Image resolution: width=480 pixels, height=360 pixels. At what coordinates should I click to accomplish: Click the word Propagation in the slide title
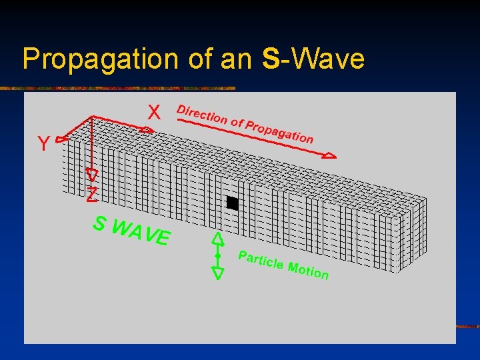pos(99,59)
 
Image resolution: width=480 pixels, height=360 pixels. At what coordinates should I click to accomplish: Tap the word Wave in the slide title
pos(327,59)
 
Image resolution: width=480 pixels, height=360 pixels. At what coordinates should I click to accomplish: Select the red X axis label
pos(154,113)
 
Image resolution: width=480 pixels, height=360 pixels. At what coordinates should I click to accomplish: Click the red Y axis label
pos(42,144)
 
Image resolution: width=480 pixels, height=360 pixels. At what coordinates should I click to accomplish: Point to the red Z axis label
pos(92,195)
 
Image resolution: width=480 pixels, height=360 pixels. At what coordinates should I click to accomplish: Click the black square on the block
pos(232,203)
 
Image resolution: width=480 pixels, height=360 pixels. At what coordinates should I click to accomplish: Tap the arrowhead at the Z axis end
pos(92,175)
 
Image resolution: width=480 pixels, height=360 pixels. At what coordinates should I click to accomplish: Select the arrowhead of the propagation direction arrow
pos(329,156)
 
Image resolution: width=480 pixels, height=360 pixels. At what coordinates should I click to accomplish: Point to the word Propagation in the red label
pos(279,132)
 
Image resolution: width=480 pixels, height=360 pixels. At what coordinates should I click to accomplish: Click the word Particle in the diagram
pos(260,261)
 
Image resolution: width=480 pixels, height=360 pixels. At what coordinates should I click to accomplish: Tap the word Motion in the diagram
pos(308,271)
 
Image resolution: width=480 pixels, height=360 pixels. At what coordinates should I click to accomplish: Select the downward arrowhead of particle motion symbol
pos(217,272)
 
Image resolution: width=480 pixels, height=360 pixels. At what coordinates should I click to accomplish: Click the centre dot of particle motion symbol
pos(217,255)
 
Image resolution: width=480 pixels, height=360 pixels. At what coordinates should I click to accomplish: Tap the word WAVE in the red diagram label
pos(142,233)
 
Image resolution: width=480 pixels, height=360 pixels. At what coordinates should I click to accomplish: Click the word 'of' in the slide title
pos(199,59)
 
